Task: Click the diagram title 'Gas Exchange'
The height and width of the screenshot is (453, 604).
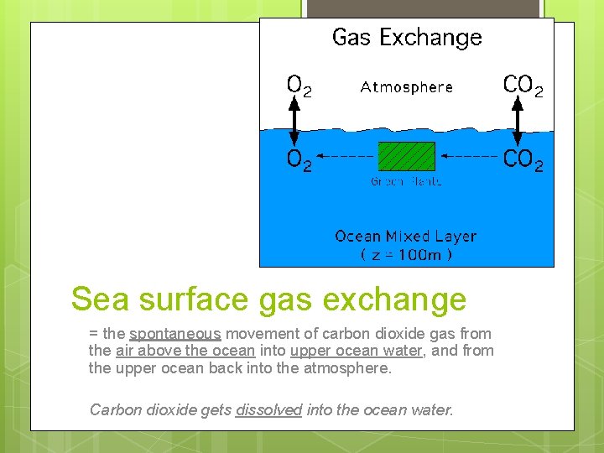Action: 407,38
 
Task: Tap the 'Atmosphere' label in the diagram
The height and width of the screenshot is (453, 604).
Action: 407,87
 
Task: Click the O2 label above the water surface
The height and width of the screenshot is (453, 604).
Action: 299,86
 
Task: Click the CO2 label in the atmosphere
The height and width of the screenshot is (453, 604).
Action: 523,86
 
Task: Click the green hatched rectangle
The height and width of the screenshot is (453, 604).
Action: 407,156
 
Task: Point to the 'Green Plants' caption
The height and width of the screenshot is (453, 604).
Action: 407,181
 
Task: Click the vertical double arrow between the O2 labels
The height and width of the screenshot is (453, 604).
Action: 294,122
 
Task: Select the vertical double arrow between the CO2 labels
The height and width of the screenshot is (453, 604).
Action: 518,122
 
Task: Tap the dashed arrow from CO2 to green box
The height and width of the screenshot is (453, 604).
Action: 470,156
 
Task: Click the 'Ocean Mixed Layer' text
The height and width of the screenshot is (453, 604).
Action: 406,237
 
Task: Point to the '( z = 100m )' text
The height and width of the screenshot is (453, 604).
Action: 406,255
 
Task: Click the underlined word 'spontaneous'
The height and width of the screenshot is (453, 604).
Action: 174,334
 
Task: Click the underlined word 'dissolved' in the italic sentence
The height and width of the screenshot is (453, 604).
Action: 268,410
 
